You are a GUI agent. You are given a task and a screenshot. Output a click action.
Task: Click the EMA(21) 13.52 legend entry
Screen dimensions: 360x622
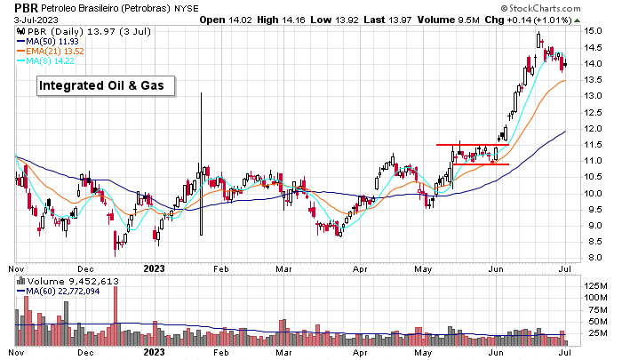60,52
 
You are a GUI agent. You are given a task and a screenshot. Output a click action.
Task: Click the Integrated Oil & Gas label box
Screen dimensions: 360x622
105,85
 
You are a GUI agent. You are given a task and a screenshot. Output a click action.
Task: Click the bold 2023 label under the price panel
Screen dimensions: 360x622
154,267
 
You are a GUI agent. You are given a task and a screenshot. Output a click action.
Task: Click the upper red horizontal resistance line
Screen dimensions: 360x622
472,145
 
